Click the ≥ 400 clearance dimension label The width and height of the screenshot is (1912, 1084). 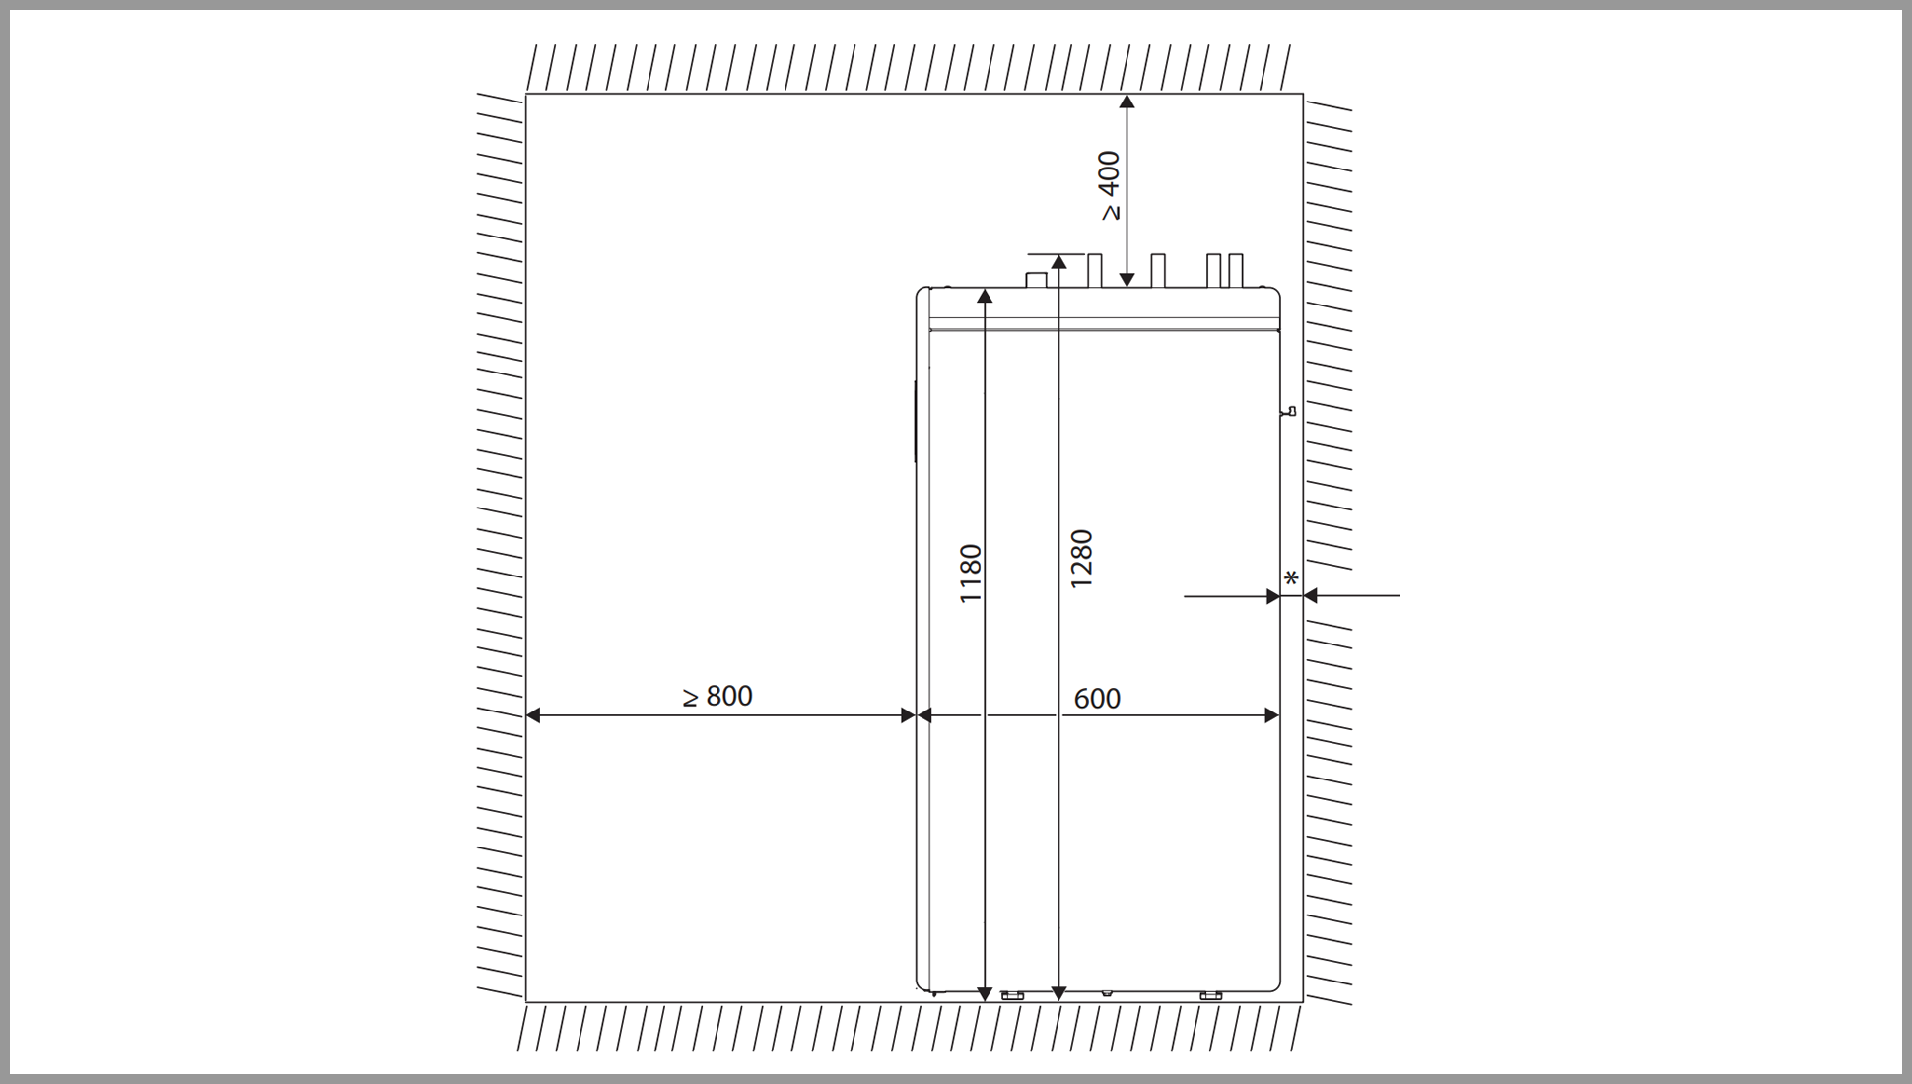click(x=1110, y=185)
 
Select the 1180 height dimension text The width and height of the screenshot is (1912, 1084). click(x=971, y=574)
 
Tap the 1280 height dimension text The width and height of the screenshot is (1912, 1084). click(x=1082, y=559)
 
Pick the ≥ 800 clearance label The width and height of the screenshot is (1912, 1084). click(x=717, y=696)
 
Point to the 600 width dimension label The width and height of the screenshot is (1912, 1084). click(x=1097, y=699)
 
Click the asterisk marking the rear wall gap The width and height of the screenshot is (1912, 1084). click(x=1291, y=578)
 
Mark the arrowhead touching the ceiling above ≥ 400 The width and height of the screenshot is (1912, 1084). click(x=1127, y=101)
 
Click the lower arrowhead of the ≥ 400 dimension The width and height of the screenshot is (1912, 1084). click(x=1127, y=280)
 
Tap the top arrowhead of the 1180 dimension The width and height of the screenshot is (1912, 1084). click(x=984, y=295)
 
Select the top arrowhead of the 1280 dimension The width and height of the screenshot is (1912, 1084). click(x=1058, y=261)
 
